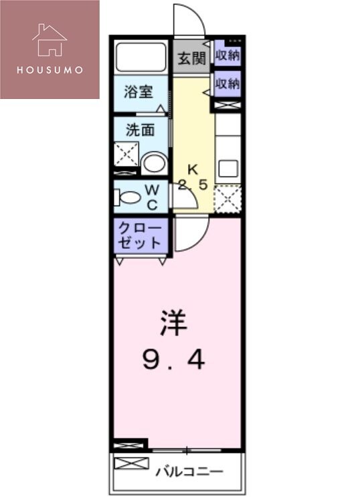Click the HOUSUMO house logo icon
50,39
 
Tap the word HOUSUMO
50,69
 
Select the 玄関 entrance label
191,59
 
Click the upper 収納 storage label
228,56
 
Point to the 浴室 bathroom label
140,92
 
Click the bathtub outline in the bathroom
141,56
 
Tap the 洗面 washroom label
140,129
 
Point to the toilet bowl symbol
128,197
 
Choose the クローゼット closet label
139,235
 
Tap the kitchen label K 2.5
192,177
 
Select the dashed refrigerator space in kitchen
228,198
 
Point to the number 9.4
173,361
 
